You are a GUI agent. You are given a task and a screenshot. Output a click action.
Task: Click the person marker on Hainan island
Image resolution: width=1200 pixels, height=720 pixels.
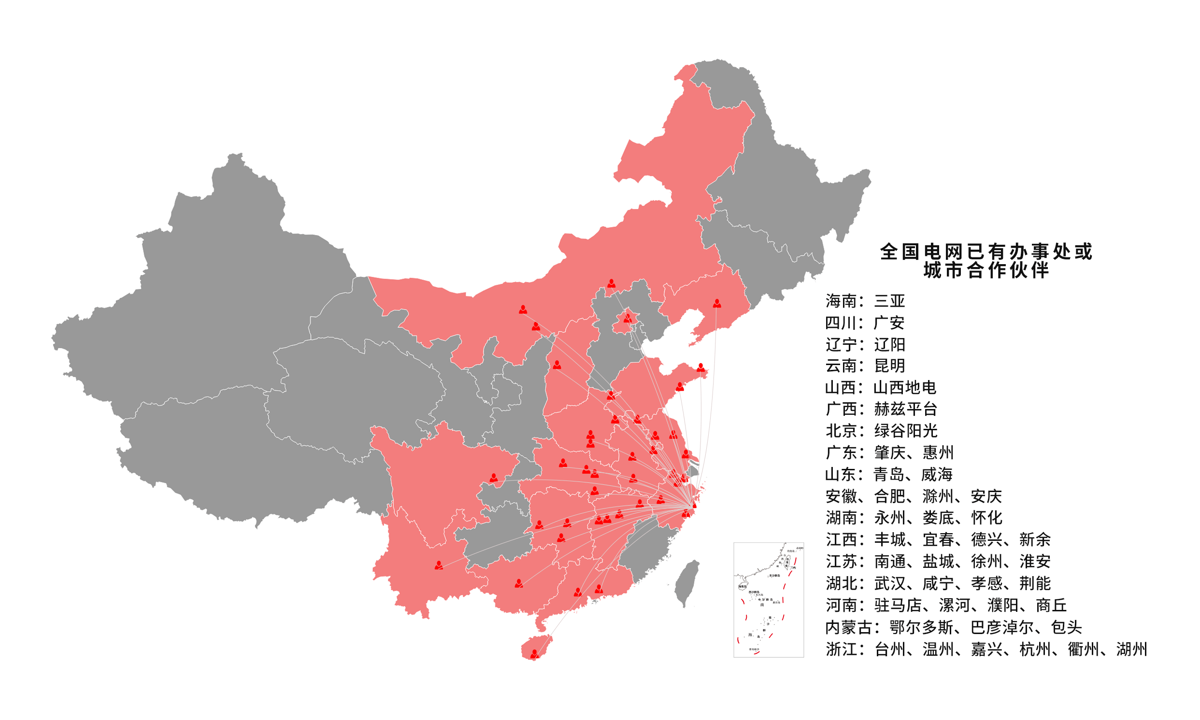[534, 653]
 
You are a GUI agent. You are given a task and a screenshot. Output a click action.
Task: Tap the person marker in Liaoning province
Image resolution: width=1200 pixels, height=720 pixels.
[717, 304]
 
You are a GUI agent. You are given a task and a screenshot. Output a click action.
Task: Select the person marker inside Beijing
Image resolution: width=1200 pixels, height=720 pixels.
[628, 318]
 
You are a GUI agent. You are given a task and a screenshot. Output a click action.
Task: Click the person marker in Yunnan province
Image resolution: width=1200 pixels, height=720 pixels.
[439, 565]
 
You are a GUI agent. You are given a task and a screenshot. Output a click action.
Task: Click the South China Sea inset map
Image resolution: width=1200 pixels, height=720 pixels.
[768, 600]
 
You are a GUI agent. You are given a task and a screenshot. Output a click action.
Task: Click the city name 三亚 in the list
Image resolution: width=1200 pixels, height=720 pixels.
[889, 301]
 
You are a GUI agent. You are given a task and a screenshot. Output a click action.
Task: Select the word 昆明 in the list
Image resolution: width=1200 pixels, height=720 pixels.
[889, 366]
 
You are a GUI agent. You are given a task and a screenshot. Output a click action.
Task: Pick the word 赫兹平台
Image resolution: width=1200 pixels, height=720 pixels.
[905, 409]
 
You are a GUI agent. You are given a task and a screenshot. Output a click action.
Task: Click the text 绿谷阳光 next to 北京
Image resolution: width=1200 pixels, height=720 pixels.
[905, 431]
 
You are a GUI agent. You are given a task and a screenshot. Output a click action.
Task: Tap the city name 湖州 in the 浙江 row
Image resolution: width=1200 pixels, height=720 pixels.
[1131, 649]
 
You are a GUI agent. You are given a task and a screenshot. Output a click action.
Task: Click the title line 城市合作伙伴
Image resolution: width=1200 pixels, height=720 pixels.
[986, 271]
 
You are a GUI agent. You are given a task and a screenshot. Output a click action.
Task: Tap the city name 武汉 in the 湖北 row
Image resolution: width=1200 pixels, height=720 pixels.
[889, 583]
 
